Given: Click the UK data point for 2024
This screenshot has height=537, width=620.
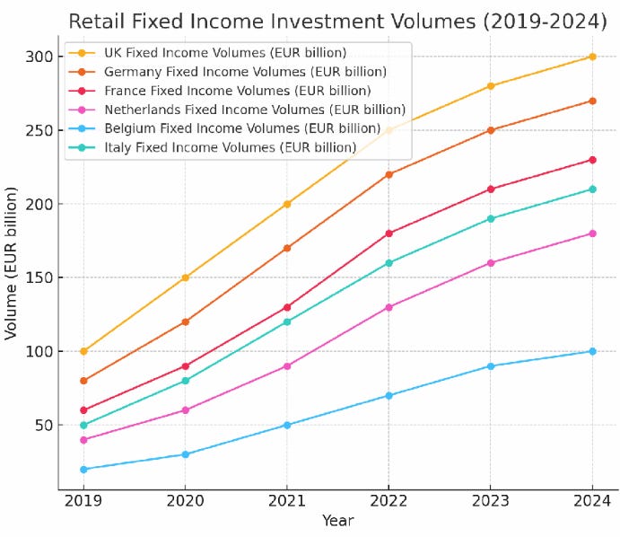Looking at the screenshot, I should click(x=592, y=57).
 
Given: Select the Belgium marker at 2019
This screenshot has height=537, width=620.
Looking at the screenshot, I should click(x=83, y=469).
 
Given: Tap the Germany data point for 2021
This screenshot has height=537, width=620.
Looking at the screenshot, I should click(x=287, y=248).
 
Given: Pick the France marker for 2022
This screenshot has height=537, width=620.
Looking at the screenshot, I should click(x=389, y=233).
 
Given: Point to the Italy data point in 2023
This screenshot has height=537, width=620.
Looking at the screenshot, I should click(x=491, y=218).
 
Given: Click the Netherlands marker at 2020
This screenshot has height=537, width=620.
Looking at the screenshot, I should click(x=186, y=410).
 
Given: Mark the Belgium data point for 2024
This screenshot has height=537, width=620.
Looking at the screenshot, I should click(x=592, y=351).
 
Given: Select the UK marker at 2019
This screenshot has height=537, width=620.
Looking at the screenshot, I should click(x=83, y=351).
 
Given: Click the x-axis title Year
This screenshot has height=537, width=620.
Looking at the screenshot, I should click(x=338, y=521).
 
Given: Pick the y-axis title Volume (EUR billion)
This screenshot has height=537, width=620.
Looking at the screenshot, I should click(x=12, y=263).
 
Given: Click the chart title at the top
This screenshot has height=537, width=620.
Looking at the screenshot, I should click(x=337, y=20).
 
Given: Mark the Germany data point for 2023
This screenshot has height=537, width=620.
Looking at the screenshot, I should click(x=491, y=130).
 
